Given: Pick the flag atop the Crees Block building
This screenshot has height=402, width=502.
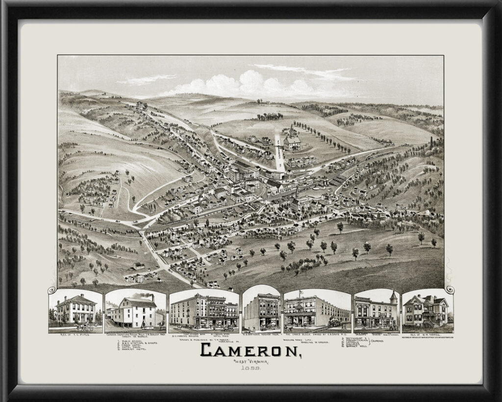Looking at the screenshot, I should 301,293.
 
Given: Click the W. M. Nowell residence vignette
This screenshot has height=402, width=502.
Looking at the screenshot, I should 425,311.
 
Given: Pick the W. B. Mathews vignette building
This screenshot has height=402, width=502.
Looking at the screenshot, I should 261,312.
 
